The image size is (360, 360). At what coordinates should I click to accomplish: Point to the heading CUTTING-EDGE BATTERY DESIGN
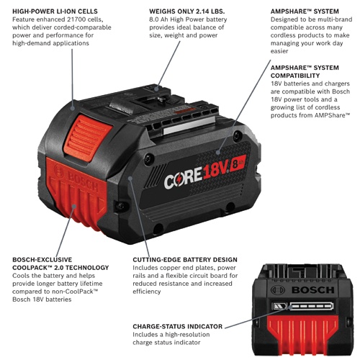point(194,258)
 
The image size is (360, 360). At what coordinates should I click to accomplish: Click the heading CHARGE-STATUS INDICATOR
point(177,326)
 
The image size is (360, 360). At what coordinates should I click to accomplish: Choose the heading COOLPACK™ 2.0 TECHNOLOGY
point(60,268)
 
